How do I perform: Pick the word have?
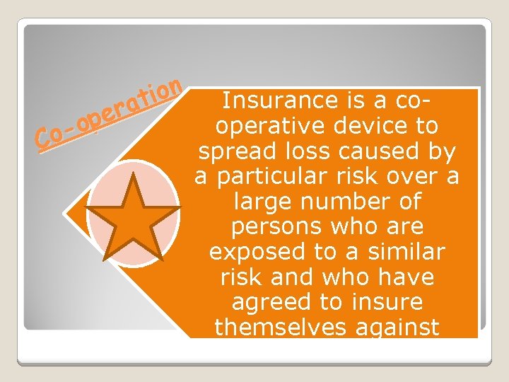click(x=408, y=277)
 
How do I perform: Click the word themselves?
click(x=274, y=328)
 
